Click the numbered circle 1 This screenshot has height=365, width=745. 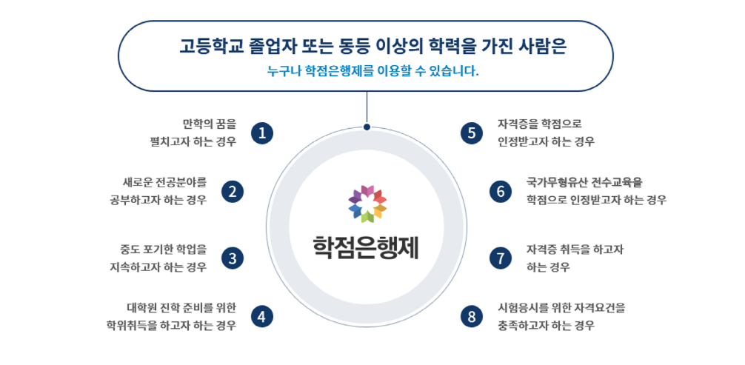tap(262, 133)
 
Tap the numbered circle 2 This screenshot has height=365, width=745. tap(233, 192)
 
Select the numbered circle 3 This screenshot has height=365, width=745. tap(233, 258)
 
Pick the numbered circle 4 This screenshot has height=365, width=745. tap(262, 316)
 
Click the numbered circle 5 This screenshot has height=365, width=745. tap(471, 133)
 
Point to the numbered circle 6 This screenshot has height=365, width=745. tap(501, 192)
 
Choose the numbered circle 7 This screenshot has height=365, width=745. tap(501, 258)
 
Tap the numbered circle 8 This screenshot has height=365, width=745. tap(471, 316)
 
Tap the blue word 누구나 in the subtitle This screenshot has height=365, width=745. tap(284, 73)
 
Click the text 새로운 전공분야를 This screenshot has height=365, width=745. tap(164, 181)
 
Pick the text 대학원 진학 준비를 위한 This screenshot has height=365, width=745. tap(181, 307)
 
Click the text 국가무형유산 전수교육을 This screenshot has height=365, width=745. tap(585, 181)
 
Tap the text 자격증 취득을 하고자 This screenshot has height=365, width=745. tap(575, 250)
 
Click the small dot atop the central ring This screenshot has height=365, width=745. tap(367, 127)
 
